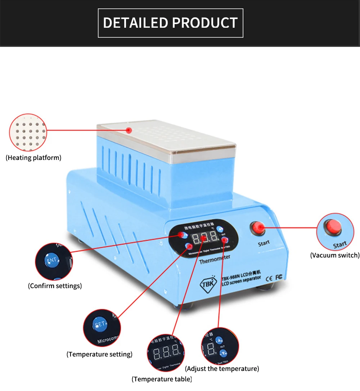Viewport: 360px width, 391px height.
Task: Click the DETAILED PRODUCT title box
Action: point(170,23)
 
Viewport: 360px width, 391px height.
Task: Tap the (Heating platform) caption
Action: point(33,158)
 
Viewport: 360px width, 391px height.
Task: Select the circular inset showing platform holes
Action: point(28,132)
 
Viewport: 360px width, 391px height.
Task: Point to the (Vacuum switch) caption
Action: point(335,255)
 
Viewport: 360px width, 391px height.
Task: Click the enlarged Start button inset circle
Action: point(334,232)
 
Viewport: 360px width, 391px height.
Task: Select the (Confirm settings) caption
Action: point(55,286)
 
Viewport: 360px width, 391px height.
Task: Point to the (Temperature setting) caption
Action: point(99,354)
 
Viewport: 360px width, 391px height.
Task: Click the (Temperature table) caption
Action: point(162,379)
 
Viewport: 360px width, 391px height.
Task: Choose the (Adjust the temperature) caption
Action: point(222,369)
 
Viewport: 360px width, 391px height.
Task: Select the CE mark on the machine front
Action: point(269,278)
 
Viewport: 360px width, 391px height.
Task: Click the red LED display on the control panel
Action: point(204,238)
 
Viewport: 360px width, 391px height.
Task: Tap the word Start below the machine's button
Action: point(264,243)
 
